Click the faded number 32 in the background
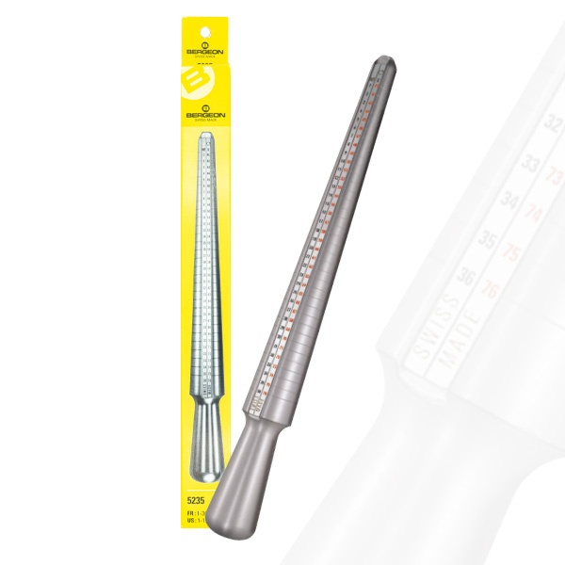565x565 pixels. pos(554,121)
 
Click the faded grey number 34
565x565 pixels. pos(511,202)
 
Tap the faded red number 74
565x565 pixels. pos(534,213)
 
